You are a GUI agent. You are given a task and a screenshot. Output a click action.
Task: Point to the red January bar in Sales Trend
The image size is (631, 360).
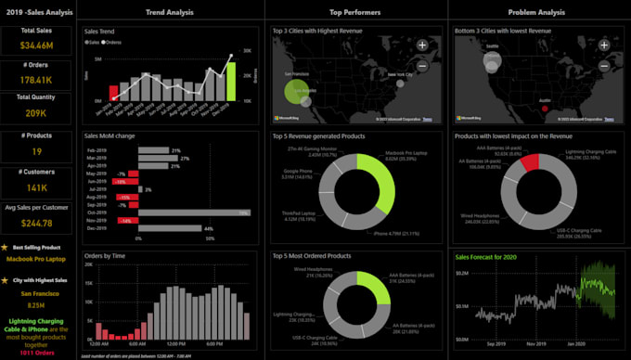point(114,93)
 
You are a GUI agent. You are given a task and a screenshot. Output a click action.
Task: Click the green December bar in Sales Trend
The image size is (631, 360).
point(231,81)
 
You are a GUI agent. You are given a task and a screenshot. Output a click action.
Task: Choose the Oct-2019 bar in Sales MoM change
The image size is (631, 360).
point(193,212)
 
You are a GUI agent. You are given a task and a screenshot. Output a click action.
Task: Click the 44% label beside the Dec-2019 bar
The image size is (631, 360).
point(209,229)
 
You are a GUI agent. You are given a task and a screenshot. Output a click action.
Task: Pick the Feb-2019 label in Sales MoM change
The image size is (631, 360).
point(97,150)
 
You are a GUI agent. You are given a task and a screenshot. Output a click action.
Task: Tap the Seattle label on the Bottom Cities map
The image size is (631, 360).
point(491,45)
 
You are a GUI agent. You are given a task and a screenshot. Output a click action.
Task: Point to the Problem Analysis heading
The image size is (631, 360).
point(536,12)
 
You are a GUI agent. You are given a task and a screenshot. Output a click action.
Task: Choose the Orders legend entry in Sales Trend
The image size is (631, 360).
point(114,43)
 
